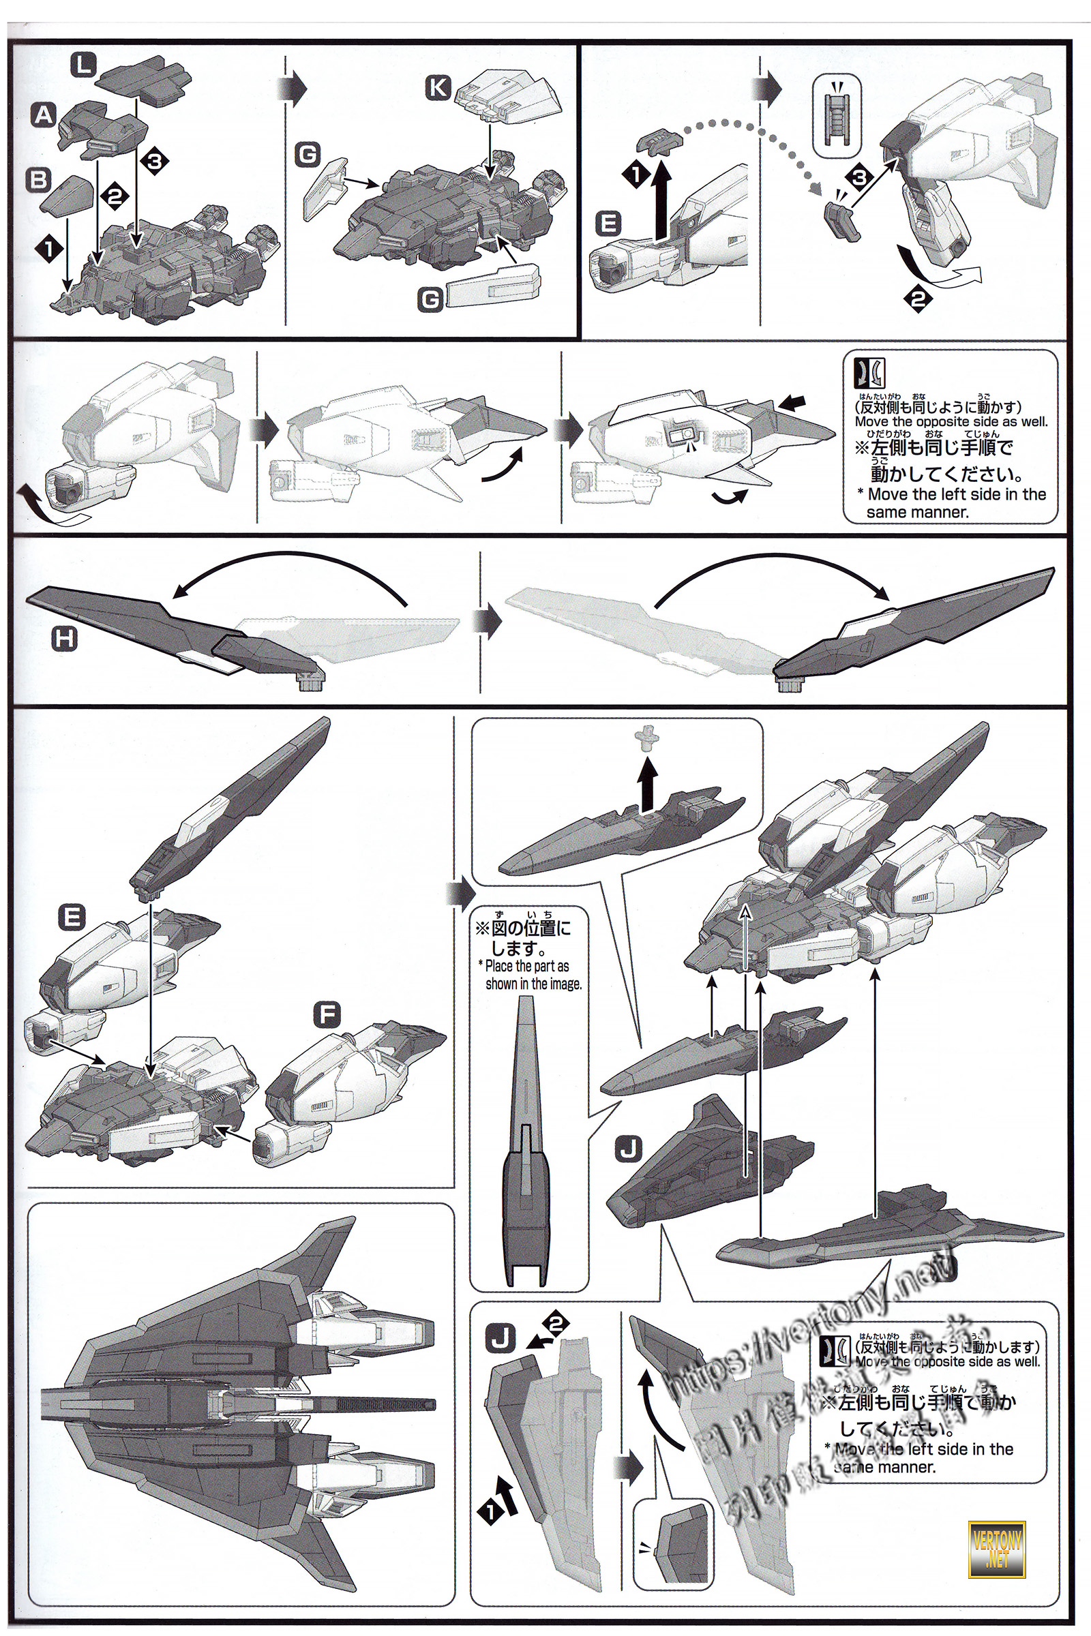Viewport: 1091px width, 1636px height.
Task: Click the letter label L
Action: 84,67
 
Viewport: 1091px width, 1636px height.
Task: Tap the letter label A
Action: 44,115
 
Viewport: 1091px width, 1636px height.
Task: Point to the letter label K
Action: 438,88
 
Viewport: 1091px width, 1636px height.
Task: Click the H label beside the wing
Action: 65,639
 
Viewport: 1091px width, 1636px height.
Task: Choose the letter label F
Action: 326,1016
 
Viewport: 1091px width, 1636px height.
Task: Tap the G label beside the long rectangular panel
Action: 431,300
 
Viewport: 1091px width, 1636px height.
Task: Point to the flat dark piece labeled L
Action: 145,80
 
